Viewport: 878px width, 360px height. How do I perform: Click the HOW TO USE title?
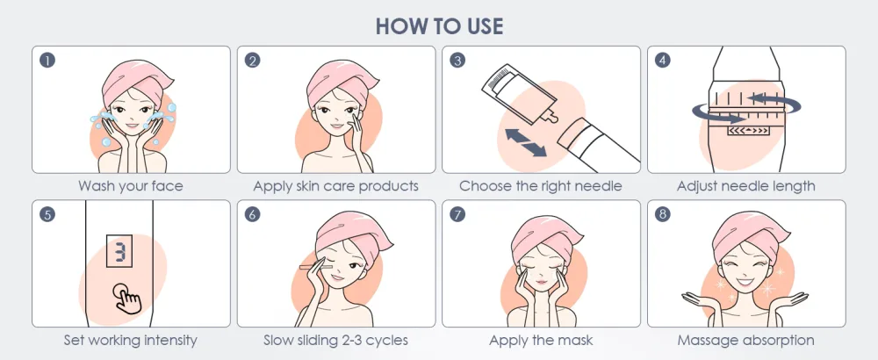[x=439, y=26]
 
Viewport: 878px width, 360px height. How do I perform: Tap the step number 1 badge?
[x=47, y=61]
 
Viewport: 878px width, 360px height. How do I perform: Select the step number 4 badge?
[x=662, y=61]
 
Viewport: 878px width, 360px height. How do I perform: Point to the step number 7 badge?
[x=457, y=214]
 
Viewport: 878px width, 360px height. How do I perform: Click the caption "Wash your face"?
[x=131, y=186]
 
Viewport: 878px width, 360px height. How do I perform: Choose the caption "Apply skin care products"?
[x=336, y=186]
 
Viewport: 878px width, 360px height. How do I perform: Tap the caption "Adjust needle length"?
[x=745, y=186]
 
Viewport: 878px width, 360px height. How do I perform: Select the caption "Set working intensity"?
[x=131, y=340]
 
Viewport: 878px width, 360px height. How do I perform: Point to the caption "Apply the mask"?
[x=541, y=340]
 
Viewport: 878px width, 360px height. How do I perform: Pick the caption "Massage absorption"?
[x=745, y=340]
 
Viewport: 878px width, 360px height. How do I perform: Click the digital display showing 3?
[x=119, y=251]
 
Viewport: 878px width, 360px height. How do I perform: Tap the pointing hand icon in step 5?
[x=127, y=298]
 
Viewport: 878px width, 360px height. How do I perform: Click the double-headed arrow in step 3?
[x=525, y=142]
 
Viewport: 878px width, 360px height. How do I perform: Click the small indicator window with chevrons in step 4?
[x=747, y=131]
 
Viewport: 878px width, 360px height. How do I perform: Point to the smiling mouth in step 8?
[x=745, y=282]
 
